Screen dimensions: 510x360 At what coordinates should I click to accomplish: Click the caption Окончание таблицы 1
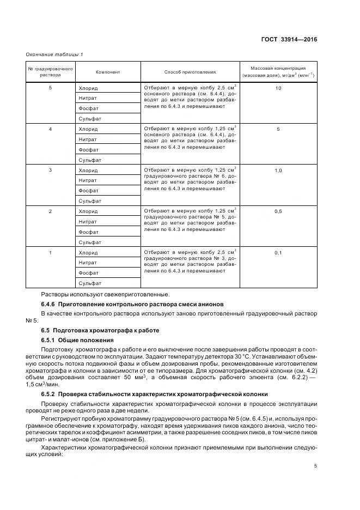54,53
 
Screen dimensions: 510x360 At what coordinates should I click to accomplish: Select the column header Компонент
107,72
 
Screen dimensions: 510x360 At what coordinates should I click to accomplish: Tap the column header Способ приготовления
190,72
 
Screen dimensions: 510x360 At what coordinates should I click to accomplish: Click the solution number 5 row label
50,88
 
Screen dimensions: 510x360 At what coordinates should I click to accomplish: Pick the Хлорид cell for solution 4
88,129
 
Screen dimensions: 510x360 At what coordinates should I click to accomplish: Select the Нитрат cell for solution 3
88,180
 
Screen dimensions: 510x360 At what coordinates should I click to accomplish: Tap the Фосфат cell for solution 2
88,232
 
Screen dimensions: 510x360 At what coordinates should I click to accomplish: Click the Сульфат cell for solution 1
90,283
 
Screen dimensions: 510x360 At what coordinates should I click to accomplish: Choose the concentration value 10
278,88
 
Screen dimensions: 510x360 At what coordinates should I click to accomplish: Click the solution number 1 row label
50,253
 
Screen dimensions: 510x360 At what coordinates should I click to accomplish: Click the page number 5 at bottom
315,465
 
